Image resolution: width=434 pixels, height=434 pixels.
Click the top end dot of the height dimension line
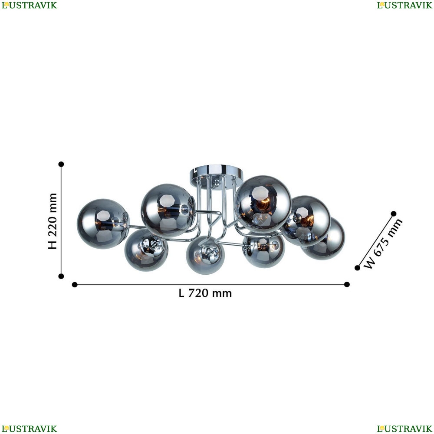pyautogui.click(x=61, y=164)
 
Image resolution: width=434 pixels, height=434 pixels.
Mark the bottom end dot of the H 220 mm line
pyautogui.click(x=61, y=276)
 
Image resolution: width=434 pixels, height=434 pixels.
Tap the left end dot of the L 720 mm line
pyautogui.click(x=75, y=285)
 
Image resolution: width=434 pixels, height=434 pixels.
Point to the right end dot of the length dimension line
pyautogui.click(x=347, y=285)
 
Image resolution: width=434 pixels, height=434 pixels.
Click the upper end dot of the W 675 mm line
pyautogui.click(x=394, y=214)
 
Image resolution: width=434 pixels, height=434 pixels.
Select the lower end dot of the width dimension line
pyautogui.click(x=357, y=268)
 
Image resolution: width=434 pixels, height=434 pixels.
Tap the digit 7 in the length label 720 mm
pyautogui.click(x=191, y=293)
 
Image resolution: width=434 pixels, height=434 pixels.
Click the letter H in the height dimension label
pyautogui.click(x=53, y=245)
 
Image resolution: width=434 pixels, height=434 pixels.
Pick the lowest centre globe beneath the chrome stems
pyautogui.click(x=205, y=255)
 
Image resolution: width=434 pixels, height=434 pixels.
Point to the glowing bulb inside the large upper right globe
pyautogui.click(x=263, y=205)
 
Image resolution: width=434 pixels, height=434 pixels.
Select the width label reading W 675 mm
pyautogui.click(x=383, y=243)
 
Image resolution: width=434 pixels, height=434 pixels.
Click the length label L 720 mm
pyautogui.click(x=205, y=293)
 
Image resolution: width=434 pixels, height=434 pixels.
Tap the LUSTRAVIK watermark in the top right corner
pyautogui.click(x=404, y=5)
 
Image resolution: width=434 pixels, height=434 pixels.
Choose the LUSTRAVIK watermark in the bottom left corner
pyautogui.click(x=30, y=429)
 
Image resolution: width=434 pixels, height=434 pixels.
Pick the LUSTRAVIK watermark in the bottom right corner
pyautogui.click(x=404, y=429)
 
